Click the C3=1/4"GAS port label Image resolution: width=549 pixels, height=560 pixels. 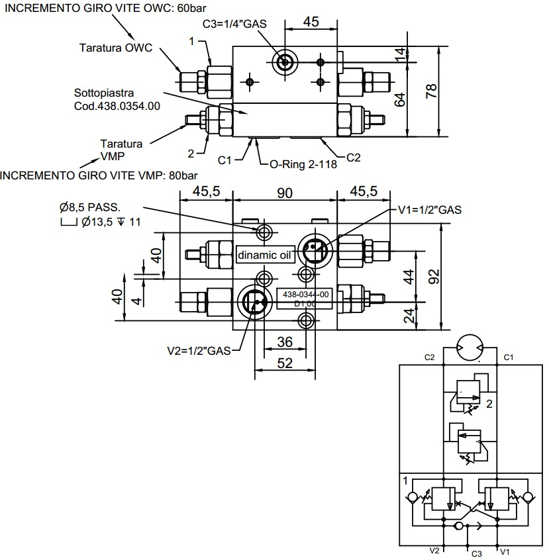[234, 24]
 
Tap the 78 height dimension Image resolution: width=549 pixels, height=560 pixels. [431, 91]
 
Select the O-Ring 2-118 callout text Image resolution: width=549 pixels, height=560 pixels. [303, 164]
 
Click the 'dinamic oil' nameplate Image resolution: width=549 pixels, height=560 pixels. [265, 255]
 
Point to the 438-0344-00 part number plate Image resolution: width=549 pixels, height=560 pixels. [305, 299]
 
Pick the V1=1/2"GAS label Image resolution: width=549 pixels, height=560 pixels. [430, 210]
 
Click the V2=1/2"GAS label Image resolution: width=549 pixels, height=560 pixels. [199, 351]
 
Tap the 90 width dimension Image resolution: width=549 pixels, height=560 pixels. [285, 193]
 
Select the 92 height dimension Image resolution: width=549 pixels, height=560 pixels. [434, 277]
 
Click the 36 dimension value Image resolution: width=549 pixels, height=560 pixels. [285, 342]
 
